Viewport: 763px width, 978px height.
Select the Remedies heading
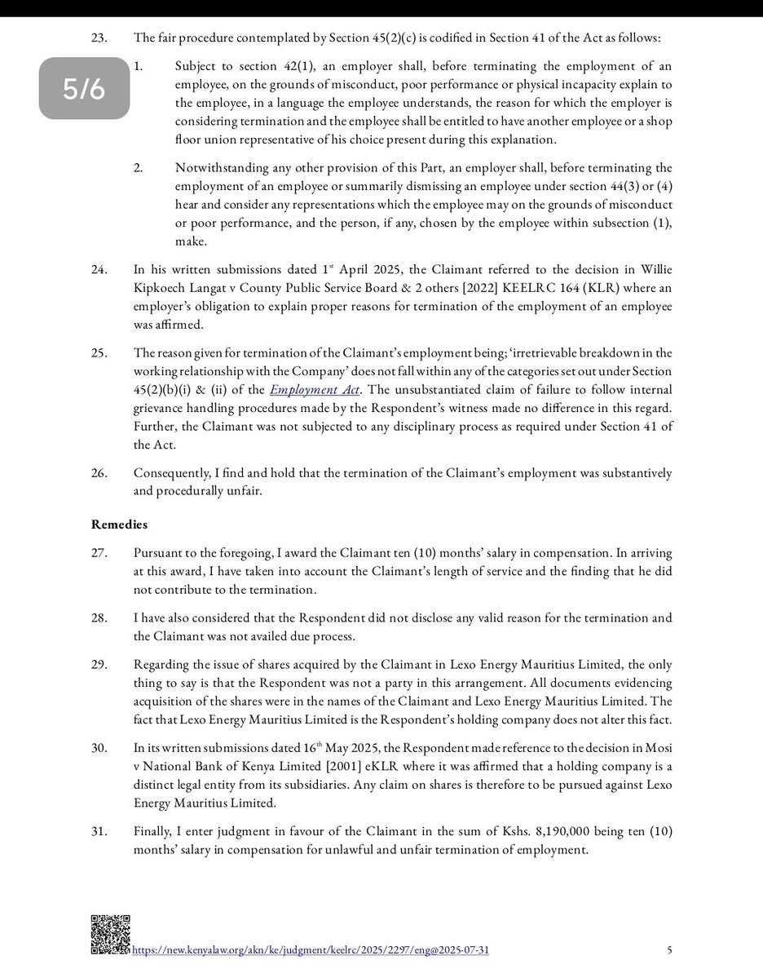[x=120, y=525]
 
